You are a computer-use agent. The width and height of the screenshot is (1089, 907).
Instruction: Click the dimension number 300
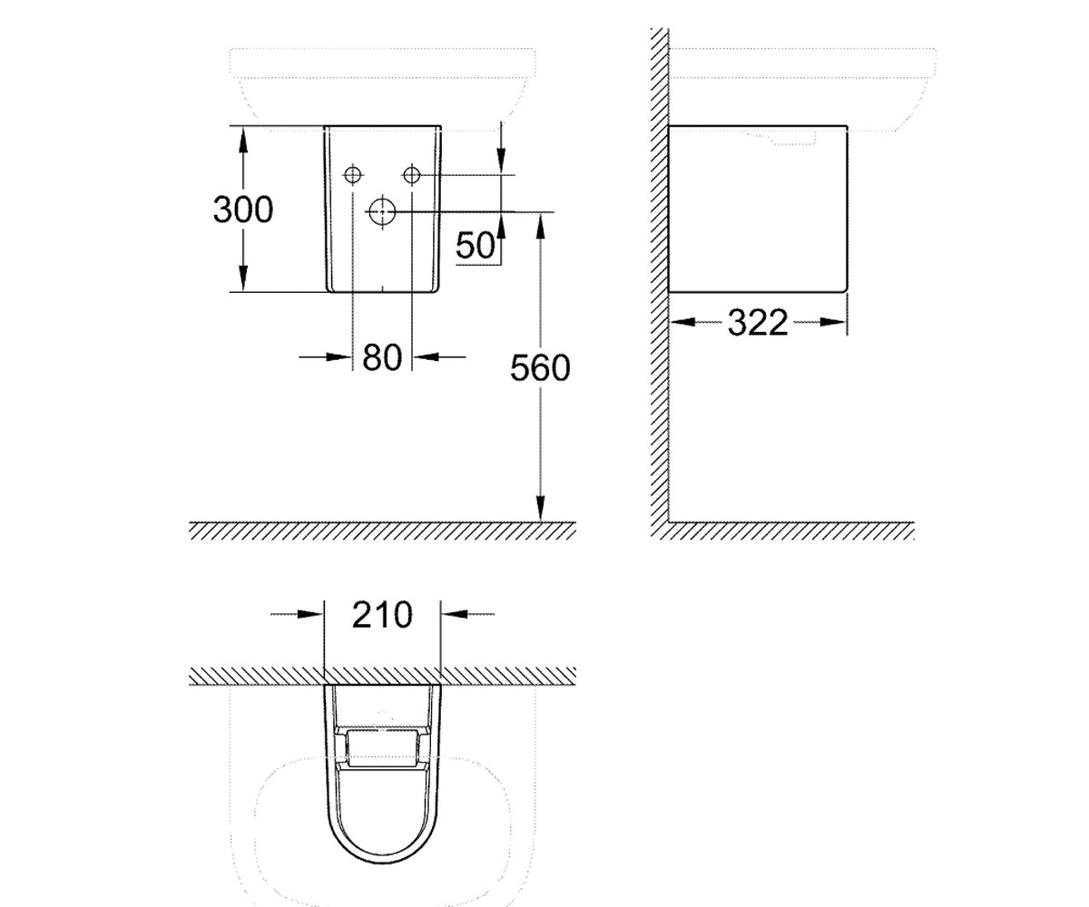point(243,210)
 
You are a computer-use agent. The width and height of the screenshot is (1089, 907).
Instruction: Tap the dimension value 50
point(475,245)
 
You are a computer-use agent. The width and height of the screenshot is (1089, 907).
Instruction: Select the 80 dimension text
point(382,357)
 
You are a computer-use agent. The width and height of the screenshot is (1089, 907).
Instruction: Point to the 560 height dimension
point(540,368)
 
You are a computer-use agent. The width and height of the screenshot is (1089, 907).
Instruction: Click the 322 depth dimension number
point(757,323)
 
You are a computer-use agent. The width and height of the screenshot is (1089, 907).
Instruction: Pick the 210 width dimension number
point(382,615)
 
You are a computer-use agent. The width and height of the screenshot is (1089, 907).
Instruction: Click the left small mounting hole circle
point(353,175)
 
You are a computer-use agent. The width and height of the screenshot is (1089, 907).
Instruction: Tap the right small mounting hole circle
point(412,175)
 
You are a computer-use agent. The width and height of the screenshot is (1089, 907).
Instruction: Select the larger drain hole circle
point(382,211)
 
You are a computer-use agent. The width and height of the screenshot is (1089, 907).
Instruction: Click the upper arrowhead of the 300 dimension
point(243,140)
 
